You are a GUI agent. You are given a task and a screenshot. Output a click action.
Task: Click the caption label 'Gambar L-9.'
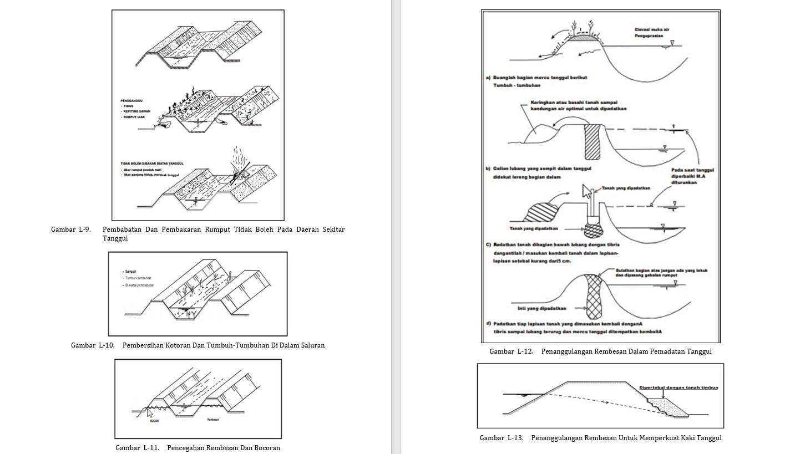70,229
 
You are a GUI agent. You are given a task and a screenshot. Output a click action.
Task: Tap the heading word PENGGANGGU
133,100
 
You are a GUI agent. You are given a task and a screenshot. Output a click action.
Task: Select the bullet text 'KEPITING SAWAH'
138,111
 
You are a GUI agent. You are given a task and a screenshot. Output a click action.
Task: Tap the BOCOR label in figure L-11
154,421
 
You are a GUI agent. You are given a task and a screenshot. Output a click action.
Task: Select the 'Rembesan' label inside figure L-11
213,420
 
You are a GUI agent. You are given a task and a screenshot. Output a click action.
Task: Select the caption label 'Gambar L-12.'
511,351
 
